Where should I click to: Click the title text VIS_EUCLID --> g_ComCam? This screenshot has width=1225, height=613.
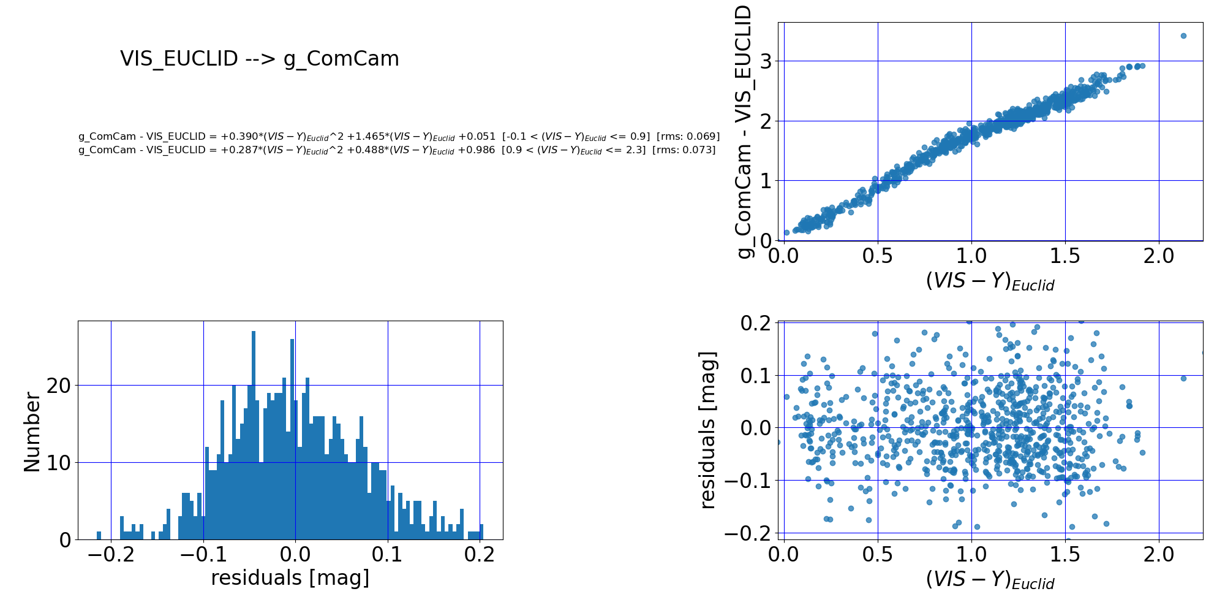(260, 59)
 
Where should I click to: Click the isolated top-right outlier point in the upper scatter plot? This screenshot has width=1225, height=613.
(1183, 36)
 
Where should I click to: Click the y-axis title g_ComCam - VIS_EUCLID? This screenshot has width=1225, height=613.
(743, 132)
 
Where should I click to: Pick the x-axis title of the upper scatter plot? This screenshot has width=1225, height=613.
(990, 281)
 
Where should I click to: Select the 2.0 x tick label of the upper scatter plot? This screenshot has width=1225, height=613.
(1159, 255)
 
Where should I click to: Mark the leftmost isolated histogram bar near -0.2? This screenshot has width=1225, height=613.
(99, 535)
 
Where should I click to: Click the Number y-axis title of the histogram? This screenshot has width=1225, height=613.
(32, 432)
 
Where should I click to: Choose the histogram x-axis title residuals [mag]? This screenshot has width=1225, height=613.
(290, 578)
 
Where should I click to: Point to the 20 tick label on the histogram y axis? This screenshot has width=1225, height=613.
(59, 386)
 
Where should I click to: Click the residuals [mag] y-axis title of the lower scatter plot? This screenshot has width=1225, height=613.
(707, 430)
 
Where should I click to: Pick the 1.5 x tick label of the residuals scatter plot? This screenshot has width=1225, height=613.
(1065, 555)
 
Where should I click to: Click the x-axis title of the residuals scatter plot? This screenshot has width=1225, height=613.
(990, 580)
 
